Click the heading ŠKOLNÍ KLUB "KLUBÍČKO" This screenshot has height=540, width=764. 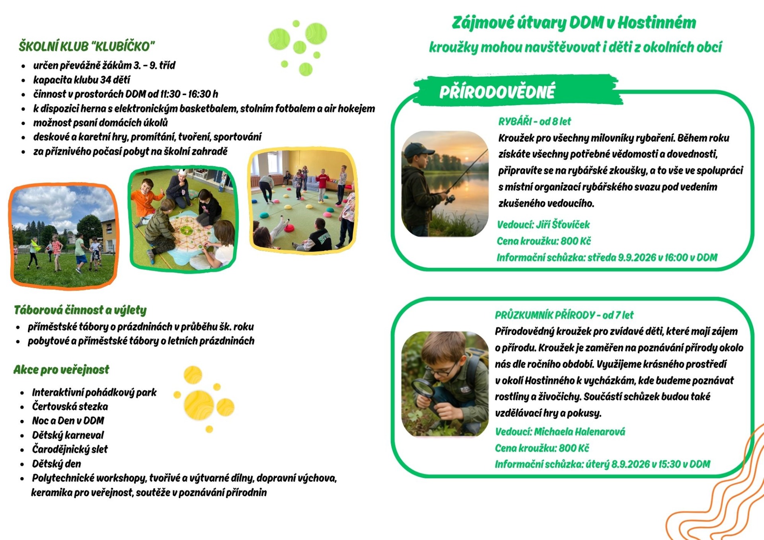coord(86,47)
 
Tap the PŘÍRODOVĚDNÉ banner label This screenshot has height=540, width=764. coord(497,92)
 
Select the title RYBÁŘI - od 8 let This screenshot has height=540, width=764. coord(534,121)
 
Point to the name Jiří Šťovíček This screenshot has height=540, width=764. coord(563,224)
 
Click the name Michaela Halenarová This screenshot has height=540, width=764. coord(579,431)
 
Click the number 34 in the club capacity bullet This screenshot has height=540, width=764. coord(105,80)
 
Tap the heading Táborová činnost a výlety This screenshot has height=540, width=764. coord(80,310)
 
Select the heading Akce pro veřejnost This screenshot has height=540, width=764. coord(61,370)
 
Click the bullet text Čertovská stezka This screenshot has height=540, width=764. coord(70,406)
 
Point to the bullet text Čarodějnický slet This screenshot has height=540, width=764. coord(70,449)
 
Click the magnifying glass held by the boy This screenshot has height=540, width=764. coord(423,389)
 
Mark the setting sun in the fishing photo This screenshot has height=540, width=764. coord(466,159)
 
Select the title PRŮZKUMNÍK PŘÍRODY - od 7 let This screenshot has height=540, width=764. coord(564,315)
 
